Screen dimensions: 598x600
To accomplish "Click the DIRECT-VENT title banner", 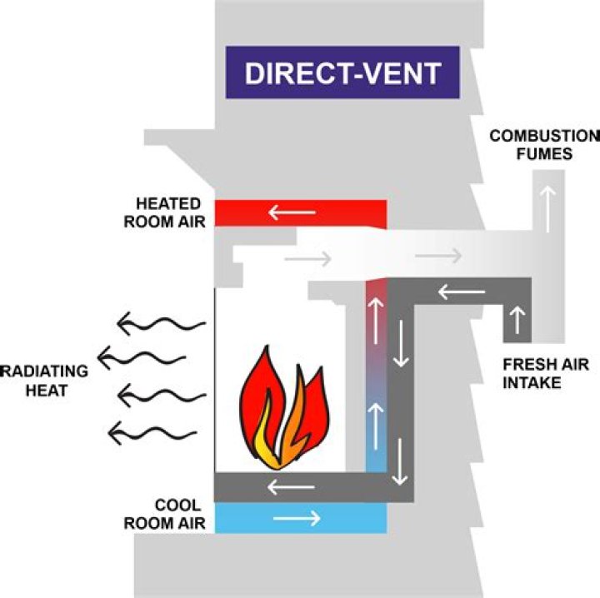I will pyautogui.click(x=342, y=72).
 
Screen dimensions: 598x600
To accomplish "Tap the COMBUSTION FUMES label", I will pyautogui.click(x=543, y=143).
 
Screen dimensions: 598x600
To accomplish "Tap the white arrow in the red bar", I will pyautogui.click(x=292, y=213).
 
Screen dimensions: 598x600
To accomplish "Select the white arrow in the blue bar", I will pyautogui.click(x=297, y=518).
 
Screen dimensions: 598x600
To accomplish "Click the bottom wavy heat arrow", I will pyautogui.click(x=150, y=431).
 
